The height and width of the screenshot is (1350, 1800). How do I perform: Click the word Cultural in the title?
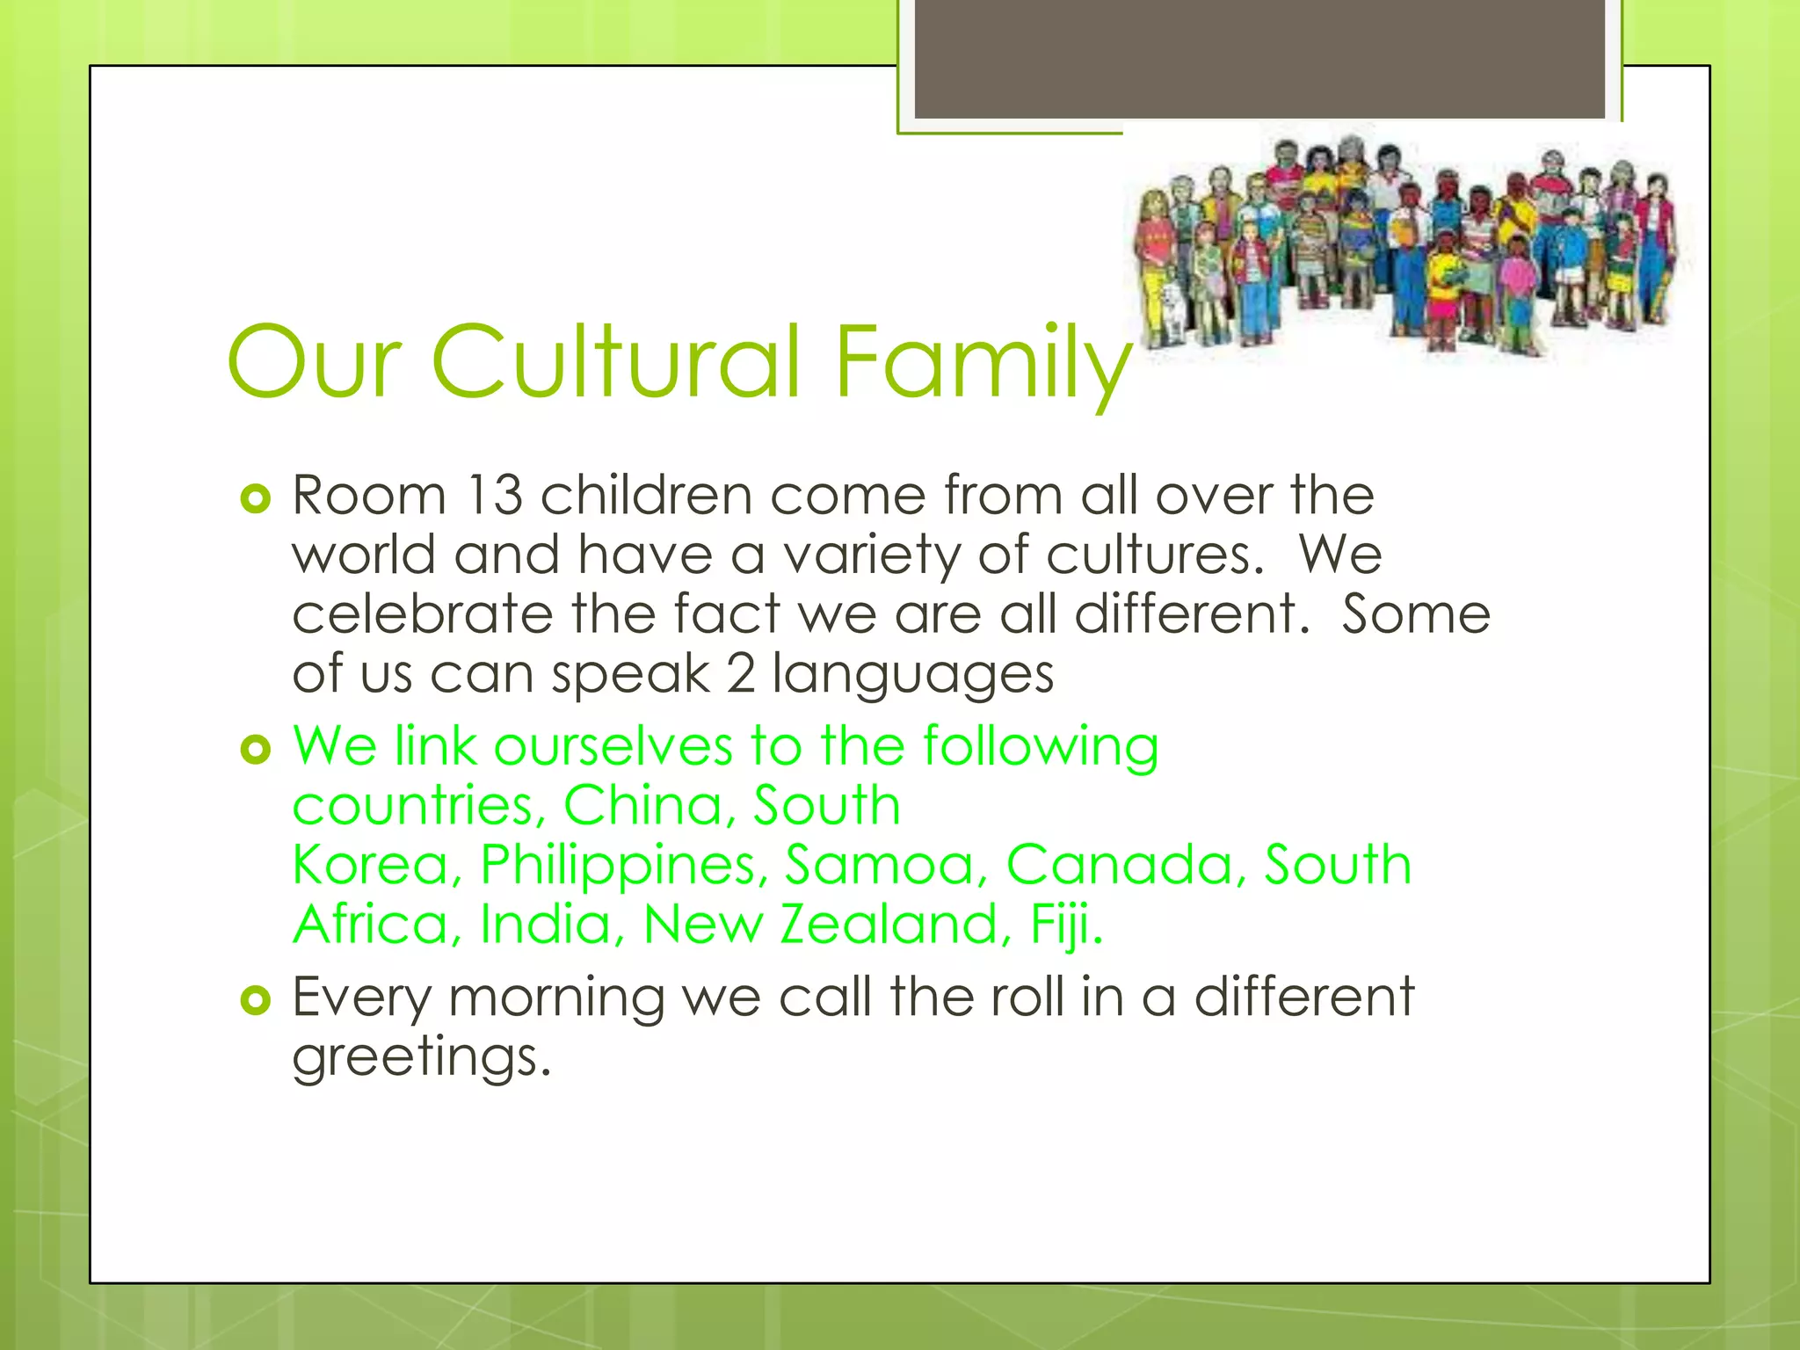click(x=615, y=361)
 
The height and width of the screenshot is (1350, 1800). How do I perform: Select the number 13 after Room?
click(x=495, y=496)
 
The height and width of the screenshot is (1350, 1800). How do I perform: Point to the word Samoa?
click(x=880, y=865)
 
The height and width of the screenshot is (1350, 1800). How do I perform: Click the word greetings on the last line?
click(x=421, y=1058)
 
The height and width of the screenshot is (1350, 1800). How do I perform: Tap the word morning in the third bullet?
click(x=556, y=999)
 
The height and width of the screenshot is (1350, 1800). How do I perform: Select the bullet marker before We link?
click(x=255, y=750)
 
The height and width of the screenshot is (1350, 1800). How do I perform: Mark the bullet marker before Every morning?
click(x=255, y=1000)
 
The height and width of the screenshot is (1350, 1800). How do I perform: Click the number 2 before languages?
click(x=741, y=674)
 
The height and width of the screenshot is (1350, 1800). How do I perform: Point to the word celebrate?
click(x=422, y=613)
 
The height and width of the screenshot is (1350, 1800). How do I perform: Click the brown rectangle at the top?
click(x=1259, y=58)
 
